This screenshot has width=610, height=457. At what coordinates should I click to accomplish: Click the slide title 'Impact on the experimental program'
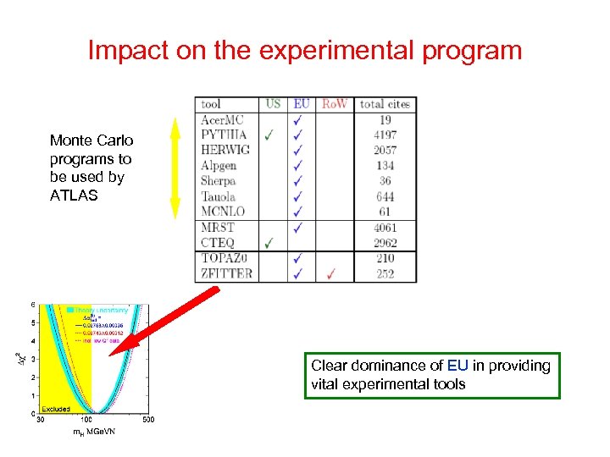pos(305,51)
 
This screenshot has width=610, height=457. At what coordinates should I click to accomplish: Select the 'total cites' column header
pos(385,104)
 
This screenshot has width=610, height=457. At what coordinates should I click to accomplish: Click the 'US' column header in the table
pos(273,104)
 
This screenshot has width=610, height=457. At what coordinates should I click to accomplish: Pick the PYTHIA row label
pos(223,135)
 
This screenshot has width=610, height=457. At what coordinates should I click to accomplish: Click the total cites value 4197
pos(384,135)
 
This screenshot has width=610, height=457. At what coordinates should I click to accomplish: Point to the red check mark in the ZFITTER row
pos(331,273)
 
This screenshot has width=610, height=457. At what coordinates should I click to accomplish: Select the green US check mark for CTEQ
pos(269,243)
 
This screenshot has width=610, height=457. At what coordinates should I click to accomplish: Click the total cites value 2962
pos(384,243)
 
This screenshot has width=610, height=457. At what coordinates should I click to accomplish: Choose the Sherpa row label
pos(218,181)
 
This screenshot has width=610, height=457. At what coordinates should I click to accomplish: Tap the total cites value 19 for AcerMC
pos(385,120)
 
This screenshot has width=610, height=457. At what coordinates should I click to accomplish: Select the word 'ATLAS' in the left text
pos(75,195)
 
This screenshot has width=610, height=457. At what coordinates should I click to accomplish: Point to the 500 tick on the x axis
pos(148,420)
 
